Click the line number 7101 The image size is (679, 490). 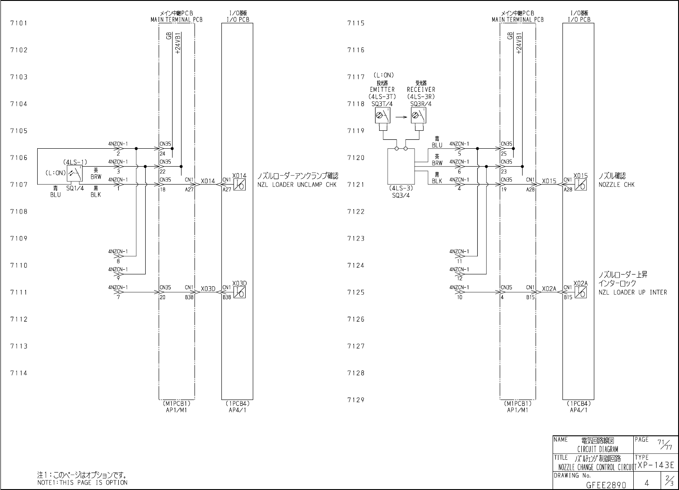coord(19,23)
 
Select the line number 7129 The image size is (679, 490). coord(356,400)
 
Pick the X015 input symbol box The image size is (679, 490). coord(581,184)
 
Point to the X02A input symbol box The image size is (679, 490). coord(581,292)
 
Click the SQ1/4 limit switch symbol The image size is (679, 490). coord(75,174)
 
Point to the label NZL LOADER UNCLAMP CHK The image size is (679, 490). coord(297,185)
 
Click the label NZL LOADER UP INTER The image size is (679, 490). coord(632,292)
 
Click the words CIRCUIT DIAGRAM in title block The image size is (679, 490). coord(597,449)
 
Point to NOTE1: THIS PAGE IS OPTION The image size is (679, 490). coord(82,483)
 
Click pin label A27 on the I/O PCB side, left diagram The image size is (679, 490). coord(226,189)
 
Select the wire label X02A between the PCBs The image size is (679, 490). coord(549,289)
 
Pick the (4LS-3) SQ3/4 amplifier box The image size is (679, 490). coord(401,167)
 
